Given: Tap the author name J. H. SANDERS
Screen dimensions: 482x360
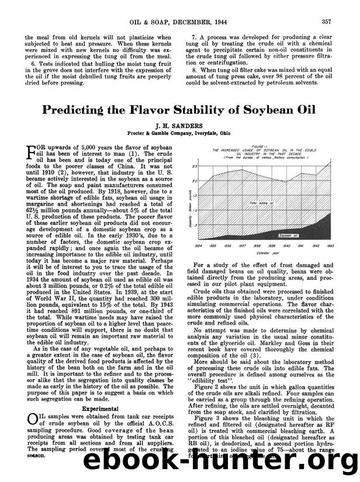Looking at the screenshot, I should coord(180,126).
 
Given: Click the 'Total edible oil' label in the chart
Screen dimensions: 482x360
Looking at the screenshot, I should coord(262,203).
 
